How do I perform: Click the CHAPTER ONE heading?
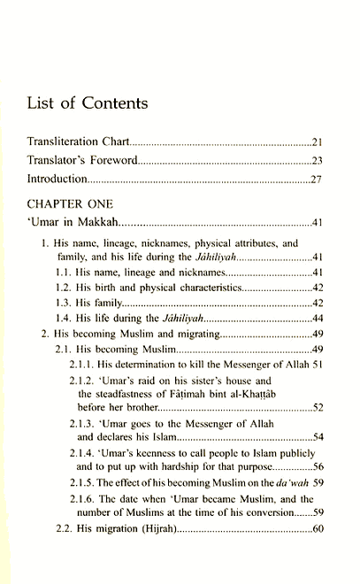click(x=70, y=204)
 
